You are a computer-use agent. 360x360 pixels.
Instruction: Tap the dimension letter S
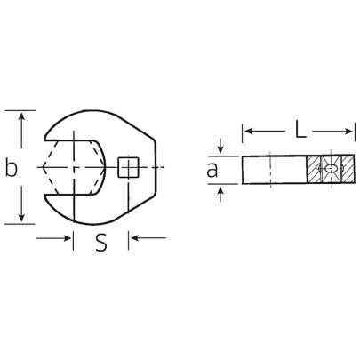click(101, 241)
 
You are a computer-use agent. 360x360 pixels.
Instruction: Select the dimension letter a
click(213, 169)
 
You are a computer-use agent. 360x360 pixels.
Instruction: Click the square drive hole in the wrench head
click(129, 167)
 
